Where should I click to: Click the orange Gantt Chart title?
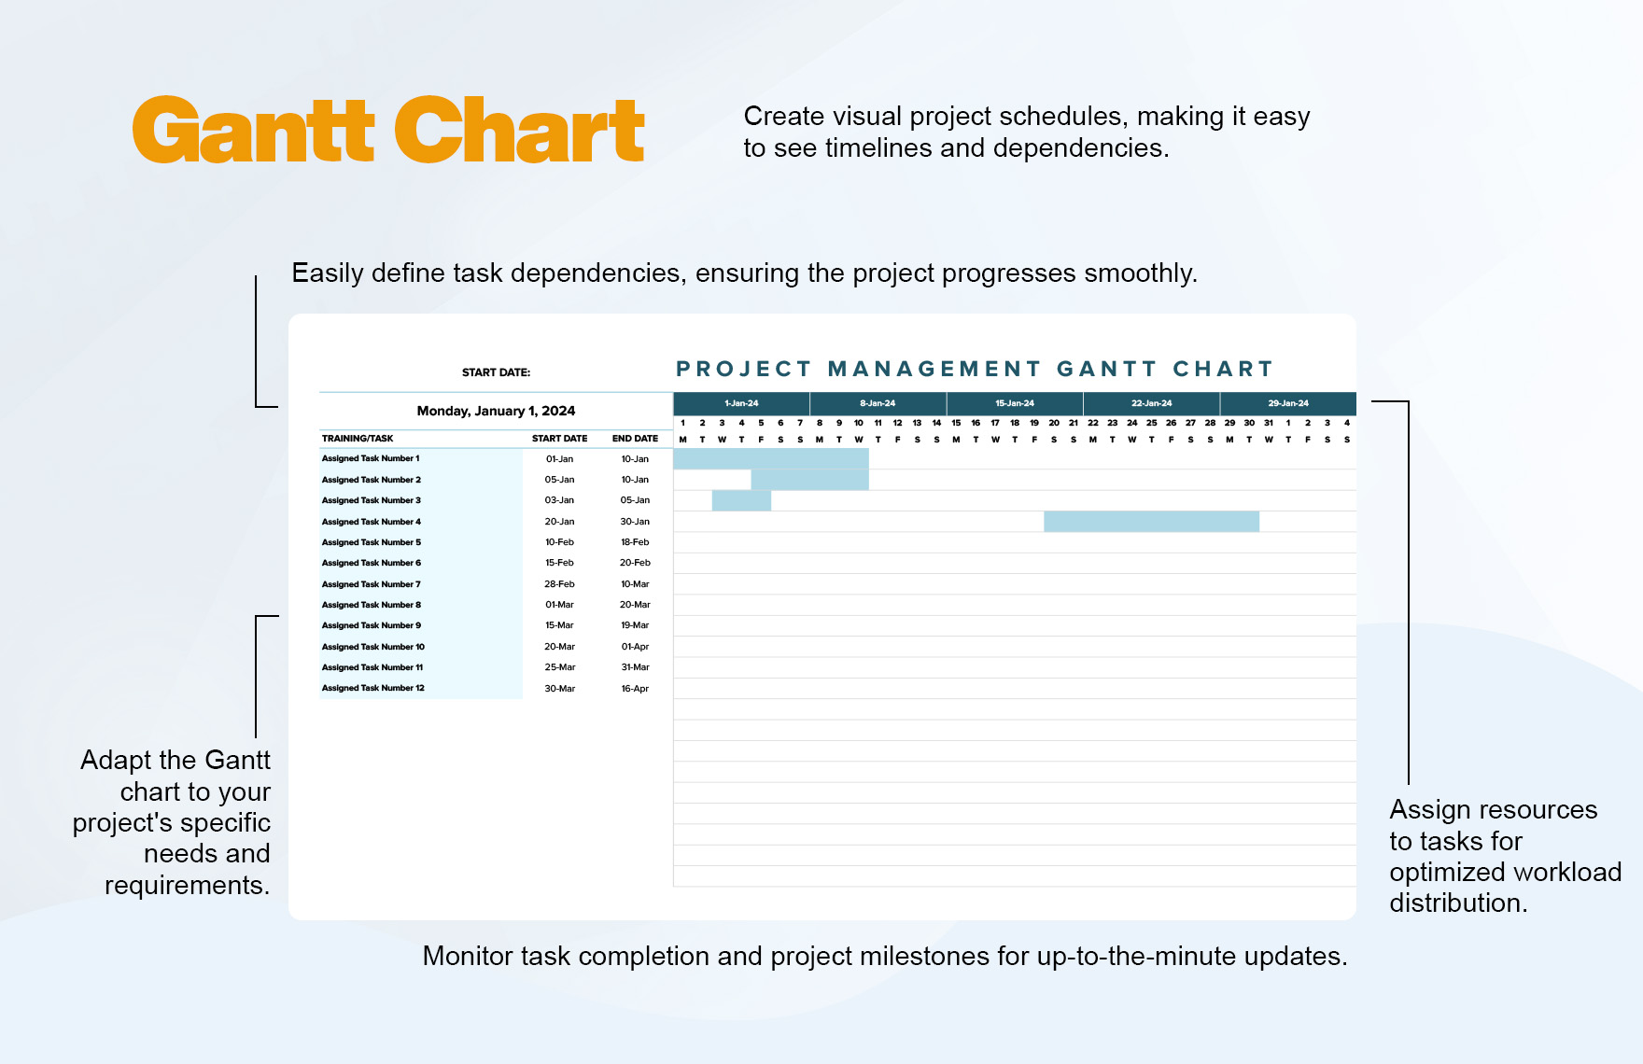pyautogui.click(x=388, y=131)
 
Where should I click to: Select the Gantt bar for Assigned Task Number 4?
pyautogui.click(x=1151, y=522)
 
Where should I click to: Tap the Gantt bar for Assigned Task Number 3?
pyautogui.click(x=741, y=500)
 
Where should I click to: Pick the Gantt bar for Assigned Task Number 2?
pyautogui.click(x=809, y=480)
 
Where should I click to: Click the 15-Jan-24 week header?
pyautogui.click(x=1015, y=403)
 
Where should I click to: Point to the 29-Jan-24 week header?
pyautogui.click(x=1287, y=403)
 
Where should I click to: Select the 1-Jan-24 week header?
pyautogui.click(x=741, y=403)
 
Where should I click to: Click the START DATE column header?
pyautogui.click(x=559, y=439)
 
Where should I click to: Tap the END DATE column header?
pyautogui.click(x=635, y=439)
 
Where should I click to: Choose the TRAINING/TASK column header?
pyautogui.click(x=358, y=439)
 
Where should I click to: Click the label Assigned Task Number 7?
pyautogui.click(x=372, y=584)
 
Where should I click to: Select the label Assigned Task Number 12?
pyautogui.click(x=373, y=688)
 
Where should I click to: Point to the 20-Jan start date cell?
pyautogui.click(x=559, y=522)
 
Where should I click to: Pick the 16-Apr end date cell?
pyautogui.click(x=635, y=689)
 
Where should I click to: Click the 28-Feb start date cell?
pyautogui.click(x=559, y=584)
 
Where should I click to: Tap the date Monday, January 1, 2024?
pyautogui.click(x=496, y=411)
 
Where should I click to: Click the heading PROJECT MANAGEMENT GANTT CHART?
pyautogui.click(x=975, y=369)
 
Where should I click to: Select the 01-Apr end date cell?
pyautogui.click(x=635, y=647)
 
